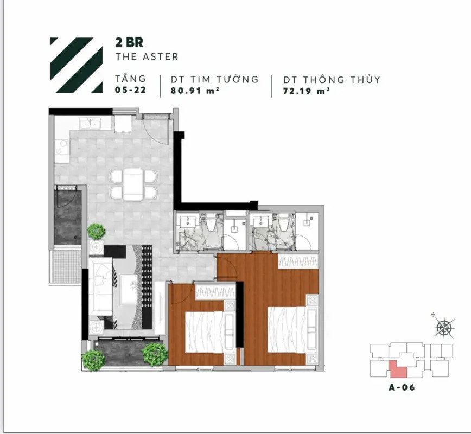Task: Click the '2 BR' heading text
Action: point(129,43)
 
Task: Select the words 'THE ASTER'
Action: point(147,56)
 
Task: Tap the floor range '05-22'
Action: point(130,90)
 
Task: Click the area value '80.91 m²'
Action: point(194,90)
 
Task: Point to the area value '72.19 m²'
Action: point(307,91)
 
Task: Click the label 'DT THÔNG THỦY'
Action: point(332,79)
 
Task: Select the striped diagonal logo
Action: point(76,65)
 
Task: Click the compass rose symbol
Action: point(444,327)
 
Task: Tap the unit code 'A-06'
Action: point(402,387)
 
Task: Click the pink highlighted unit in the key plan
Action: point(398,369)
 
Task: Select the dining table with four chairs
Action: point(133,184)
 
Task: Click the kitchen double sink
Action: point(90,124)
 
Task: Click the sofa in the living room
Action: point(100,286)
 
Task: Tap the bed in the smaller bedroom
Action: point(204,332)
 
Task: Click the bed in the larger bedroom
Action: point(287,329)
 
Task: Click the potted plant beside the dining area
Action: point(96,231)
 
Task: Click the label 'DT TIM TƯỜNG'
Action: point(215,79)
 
